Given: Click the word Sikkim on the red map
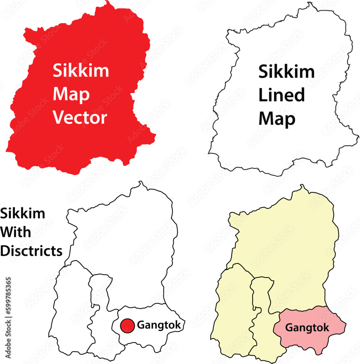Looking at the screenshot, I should coord(81,70).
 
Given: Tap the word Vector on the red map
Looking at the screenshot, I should coord(80,118).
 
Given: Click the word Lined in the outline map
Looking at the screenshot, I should coord(281,95).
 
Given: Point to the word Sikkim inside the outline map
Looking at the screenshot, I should coord(286,72).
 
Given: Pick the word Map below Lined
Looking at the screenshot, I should coord(277,119).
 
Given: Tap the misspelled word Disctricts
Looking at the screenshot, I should coord(31,251).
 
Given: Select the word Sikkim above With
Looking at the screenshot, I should coord(23,213).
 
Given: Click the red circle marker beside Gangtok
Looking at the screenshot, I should coord(127,325).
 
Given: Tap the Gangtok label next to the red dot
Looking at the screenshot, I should coord(159,325).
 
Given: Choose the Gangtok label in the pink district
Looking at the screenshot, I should coord(307,328).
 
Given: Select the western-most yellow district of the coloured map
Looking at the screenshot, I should coord(233,313).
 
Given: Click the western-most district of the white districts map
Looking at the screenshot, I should coord(71,309).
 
